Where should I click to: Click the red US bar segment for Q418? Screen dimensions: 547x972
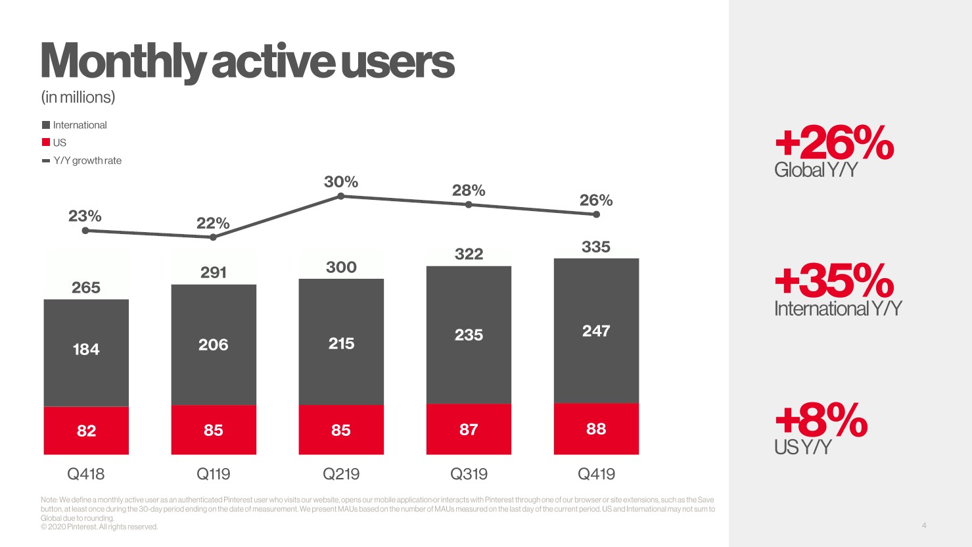86,431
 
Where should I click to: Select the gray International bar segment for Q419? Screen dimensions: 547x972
596,331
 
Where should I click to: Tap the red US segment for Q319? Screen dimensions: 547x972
469,429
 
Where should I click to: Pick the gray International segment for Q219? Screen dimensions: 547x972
341,342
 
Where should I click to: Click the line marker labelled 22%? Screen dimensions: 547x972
213,237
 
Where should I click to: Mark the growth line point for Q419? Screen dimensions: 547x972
596,213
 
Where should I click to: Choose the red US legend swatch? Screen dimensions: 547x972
46,143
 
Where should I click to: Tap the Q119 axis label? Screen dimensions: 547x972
214,474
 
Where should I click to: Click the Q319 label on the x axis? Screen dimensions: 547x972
469,474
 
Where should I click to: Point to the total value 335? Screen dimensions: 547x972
596,247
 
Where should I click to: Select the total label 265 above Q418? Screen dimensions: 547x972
86,288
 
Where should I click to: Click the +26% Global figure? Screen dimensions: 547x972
834,144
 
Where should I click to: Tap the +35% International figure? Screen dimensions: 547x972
834,281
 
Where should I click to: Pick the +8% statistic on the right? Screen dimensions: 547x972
821,421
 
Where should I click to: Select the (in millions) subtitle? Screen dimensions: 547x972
78,97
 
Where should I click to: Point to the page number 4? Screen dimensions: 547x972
924,525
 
